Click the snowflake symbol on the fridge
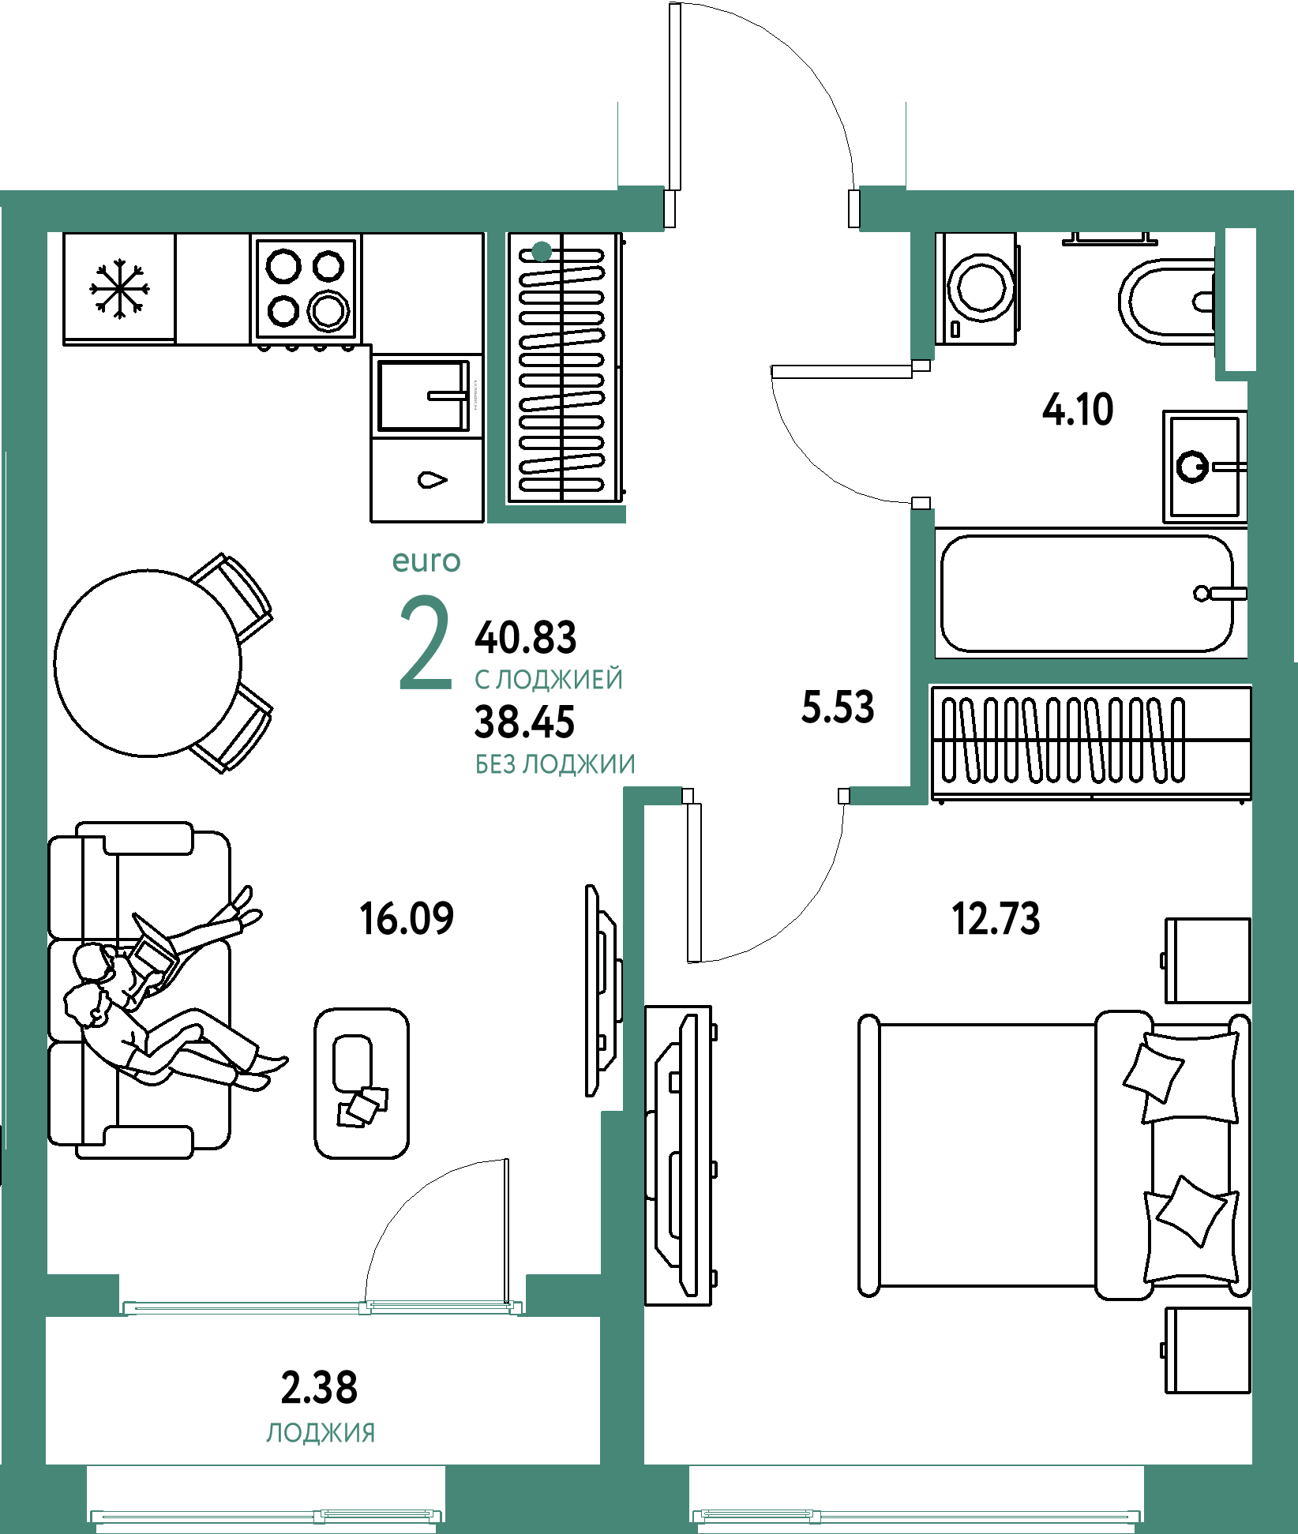(x=119, y=288)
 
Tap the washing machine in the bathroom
(x=977, y=288)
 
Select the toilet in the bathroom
(x=1167, y=303)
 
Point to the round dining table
(x=148, y=662)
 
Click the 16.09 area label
(x=407, y=919)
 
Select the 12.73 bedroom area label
(x=996, y=919)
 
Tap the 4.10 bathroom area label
(x=1078, y=410)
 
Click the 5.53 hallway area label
(x=838, y=707)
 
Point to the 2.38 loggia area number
(x=319, y=1387)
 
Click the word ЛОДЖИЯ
(x=321, y=1433)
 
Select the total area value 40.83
(x=525, y=638)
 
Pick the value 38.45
(x=524, y=722)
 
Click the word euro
(x=426, y=561)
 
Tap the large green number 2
(x=426, y=642)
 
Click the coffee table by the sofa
(x=362, y=1083)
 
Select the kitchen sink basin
(x=423, y=395)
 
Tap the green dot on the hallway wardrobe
(x=542, y=252)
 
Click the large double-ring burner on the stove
(x=328, y=309)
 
